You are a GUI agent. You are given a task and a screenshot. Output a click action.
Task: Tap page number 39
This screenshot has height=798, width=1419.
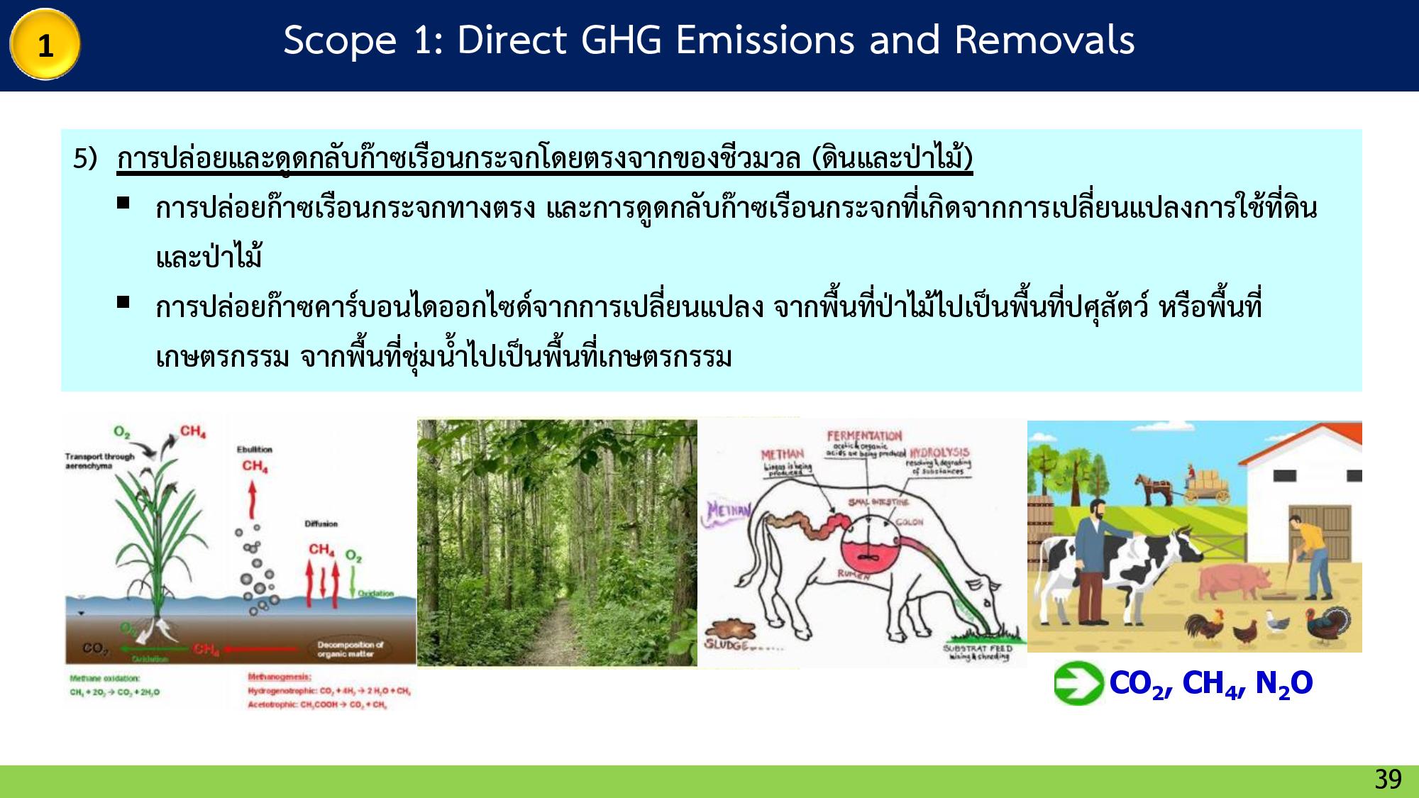[1388, 780]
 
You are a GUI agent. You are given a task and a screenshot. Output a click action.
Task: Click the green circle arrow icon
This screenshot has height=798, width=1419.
[1076, 683]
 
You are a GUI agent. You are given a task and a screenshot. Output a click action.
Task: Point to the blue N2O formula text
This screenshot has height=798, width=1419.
[1283, 684]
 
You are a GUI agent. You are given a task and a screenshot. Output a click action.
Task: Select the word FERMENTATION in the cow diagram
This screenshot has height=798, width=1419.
[864, 436]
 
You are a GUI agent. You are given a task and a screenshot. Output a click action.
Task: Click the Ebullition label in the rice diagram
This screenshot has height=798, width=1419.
[255, 449]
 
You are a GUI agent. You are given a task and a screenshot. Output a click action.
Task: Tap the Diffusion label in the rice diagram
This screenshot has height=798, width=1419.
[321, 523]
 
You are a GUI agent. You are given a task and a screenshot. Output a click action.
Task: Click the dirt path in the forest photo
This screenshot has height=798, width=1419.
[556, 624]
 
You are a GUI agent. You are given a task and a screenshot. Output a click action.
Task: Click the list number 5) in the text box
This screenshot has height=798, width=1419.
[84, 159]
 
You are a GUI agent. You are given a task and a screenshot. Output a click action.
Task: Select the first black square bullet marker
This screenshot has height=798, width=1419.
[123, 203]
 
